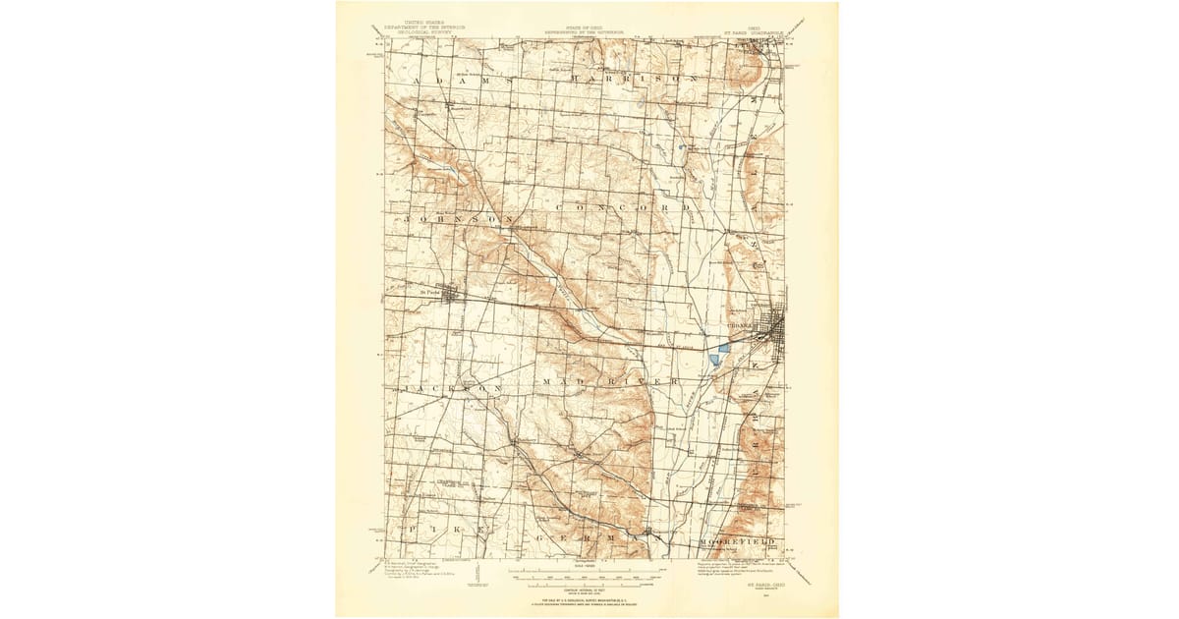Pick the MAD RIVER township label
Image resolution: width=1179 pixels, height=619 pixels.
click(x=608, y=378)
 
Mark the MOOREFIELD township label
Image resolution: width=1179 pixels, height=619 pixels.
click(x=738, y=541)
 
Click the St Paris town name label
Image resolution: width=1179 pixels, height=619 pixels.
click(x=427, y=290)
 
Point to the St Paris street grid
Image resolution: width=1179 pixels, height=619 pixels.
click(x=453, y=294)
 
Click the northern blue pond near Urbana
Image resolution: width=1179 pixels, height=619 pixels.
click(x=724, y=346)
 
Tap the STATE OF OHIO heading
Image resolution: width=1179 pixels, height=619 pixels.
click(x=589, y=27)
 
